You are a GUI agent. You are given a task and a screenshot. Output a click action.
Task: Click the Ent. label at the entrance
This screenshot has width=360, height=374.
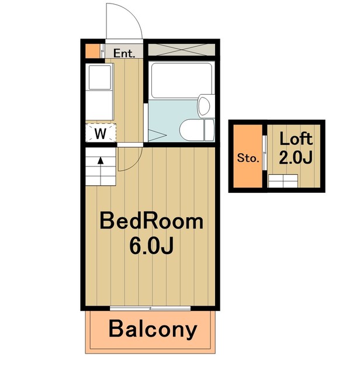[x=124, y=53]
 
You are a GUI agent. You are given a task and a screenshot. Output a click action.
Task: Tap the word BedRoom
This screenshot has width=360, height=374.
[x=151, y=221]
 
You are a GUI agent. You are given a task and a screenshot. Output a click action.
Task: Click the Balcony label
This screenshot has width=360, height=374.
[x=153, y=330]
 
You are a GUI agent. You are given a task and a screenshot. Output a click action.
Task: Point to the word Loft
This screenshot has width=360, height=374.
[x=296, y=138]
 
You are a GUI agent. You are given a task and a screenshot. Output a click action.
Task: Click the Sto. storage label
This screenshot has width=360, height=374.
[x=248, y=158]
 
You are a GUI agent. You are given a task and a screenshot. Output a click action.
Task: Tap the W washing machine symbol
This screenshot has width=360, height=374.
[x=101, y=134]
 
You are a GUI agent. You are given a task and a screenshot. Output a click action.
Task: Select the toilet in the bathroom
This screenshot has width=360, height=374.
[x=197, y=130]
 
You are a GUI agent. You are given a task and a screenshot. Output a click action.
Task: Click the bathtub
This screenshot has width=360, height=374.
[x=182, y=80]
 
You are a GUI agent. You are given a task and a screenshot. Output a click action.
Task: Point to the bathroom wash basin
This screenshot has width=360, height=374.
[x=205, y=106]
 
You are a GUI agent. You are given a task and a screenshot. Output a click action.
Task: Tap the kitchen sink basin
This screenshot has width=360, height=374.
[x=100, y=77]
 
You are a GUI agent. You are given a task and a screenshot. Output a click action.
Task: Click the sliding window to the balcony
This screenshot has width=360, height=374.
[x=150, y=308]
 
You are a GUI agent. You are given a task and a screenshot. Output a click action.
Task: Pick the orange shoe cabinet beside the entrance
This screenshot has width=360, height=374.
[x=93, y=51]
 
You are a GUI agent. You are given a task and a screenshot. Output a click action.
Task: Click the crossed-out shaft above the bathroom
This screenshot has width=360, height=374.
[x=182, y=50]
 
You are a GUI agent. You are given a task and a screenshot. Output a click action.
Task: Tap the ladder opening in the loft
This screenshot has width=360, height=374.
[x=283, y=181]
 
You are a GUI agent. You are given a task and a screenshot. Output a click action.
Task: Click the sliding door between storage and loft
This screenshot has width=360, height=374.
[x=264, y=153]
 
